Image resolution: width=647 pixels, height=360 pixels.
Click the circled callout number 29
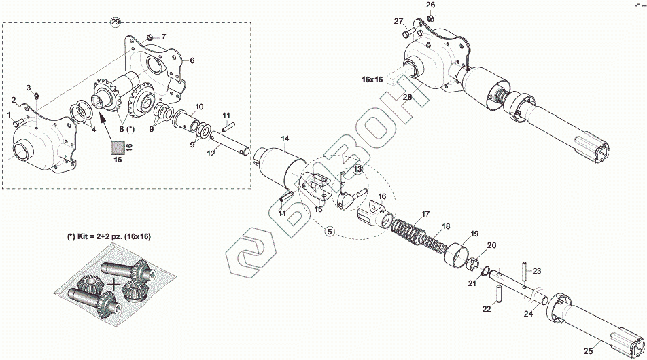[x=116, y=22]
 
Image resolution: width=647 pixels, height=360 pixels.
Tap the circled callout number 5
[x=330, y=232]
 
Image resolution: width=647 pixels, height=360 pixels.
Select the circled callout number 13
[x=357, y=168]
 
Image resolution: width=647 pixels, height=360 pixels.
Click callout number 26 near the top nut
[x=430, y=5]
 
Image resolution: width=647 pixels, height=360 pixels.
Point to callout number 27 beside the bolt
[x=399, y=21]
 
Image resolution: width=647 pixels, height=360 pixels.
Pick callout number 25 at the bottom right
[x=589, y=350]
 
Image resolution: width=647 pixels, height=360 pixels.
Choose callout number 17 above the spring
[x=425, y=215]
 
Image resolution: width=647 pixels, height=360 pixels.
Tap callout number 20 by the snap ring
[x=492, y=245]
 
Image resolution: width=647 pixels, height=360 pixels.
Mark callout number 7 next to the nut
[x=162, y=36]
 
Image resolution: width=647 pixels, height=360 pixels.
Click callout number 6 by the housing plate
[x=192, y=60]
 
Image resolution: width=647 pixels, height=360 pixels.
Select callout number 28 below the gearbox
[x=407, y=97]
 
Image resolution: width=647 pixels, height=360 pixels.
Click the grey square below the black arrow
[x=118, y=145]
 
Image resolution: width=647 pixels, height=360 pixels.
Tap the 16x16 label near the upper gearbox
[x=372, y=79]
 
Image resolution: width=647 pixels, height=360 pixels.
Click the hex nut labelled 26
[x=430, y=17]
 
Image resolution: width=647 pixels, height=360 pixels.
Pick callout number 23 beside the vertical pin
[x=537, y=271]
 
